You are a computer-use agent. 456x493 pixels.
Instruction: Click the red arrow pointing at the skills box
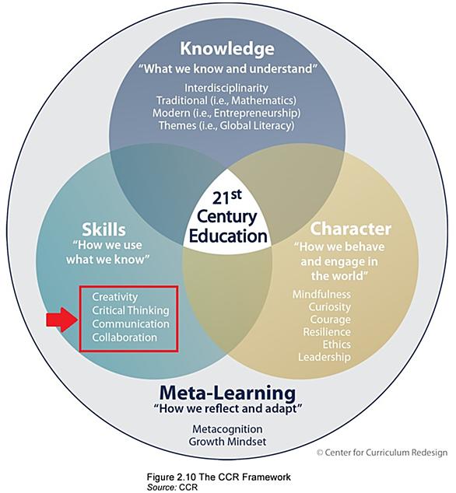tap(61, 320)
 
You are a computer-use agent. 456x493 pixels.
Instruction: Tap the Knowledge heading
tap(227, 48)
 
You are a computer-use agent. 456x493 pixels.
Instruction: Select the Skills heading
tap(103, 229)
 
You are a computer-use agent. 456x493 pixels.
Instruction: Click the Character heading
tap(351, 229)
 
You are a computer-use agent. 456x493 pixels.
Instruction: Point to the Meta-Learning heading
tap(227, 393)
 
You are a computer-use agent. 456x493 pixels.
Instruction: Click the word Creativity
tap(115, 297)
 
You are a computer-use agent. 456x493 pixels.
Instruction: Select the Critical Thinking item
tap(131, 310)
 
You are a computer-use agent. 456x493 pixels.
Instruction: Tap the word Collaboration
tap(125, 337)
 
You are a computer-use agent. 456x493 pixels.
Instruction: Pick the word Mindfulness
tap(321, 294)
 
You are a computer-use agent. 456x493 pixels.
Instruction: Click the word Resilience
tap(327, 332)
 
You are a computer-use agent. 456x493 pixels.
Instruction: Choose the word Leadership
tap(324, 357)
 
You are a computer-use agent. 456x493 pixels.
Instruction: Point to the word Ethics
tap(337, 344)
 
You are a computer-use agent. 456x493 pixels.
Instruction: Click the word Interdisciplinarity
tap(226, 88)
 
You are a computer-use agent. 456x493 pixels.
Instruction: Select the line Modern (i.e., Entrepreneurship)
tap(226, 113)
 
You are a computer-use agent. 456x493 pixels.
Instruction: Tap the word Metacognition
tap(227, 429)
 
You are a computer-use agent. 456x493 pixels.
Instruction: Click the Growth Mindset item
tap(227, 442)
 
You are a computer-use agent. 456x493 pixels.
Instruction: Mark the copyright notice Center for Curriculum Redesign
tap(382, 453)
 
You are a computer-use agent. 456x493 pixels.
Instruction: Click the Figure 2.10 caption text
tap(219, 477)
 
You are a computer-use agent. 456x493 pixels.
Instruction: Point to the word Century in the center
tap(227, 218)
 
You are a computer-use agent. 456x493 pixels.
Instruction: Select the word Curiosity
tap(329, 307)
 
